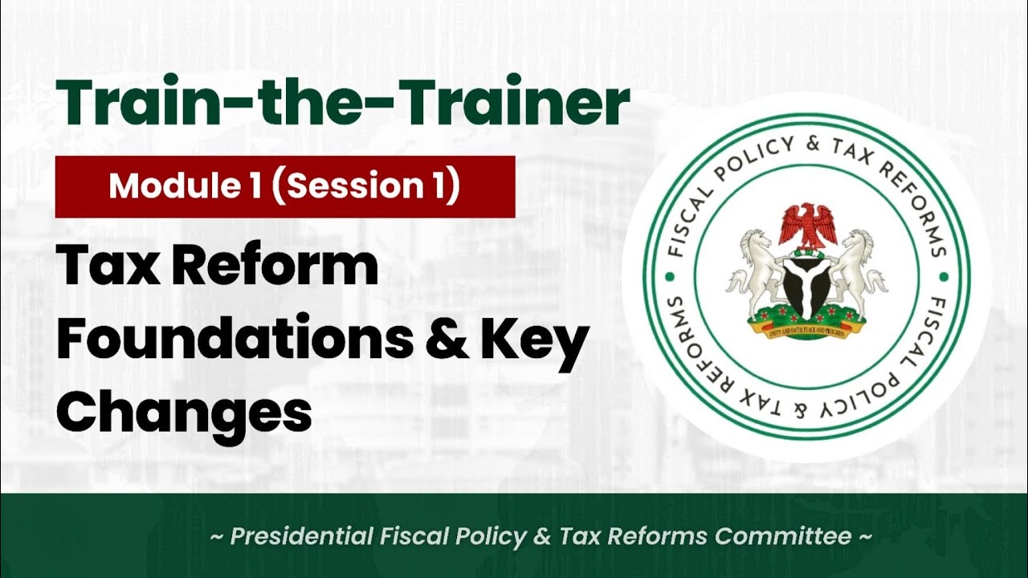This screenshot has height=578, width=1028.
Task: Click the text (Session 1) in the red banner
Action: [x=369, y=186]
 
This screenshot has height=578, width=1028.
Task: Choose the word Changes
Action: [x=184, y=411]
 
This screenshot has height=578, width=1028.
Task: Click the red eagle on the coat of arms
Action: [x=807, y=226]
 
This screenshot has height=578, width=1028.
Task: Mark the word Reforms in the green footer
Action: [x=663, y=536]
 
